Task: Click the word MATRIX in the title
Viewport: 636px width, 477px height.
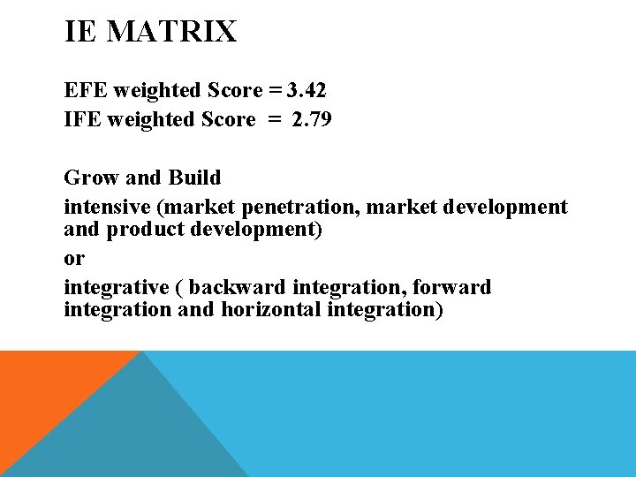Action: [x=173, y=33]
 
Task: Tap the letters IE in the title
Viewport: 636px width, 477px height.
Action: [x=80, y=33]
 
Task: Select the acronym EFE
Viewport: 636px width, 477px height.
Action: [x=83, y=90]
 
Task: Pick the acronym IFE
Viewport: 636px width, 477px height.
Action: [x=82, y=119]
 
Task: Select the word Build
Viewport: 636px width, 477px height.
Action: [x=194, y=178]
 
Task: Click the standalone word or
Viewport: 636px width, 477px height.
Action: [x=74, y=259]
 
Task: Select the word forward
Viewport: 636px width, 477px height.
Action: [x=450, y=288]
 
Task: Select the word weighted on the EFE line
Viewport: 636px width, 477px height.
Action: [x=159, y=90]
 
